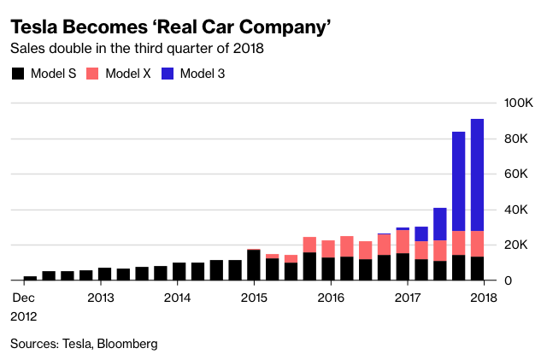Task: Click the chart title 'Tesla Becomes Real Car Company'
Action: point(171,26)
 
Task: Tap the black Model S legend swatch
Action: point(18,74)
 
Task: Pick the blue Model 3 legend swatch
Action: point(168,74)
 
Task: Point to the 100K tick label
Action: point(519,103)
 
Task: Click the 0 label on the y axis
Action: point(510,280)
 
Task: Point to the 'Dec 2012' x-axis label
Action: point(23,305)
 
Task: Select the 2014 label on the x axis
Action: point(177,298)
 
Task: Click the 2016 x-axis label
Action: point(331,298)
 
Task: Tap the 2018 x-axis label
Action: point(484,298)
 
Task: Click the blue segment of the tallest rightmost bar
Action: point(478,174)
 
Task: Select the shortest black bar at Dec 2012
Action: point(30,278)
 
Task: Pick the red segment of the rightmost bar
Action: point(478,244)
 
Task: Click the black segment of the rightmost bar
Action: point(478,269)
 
